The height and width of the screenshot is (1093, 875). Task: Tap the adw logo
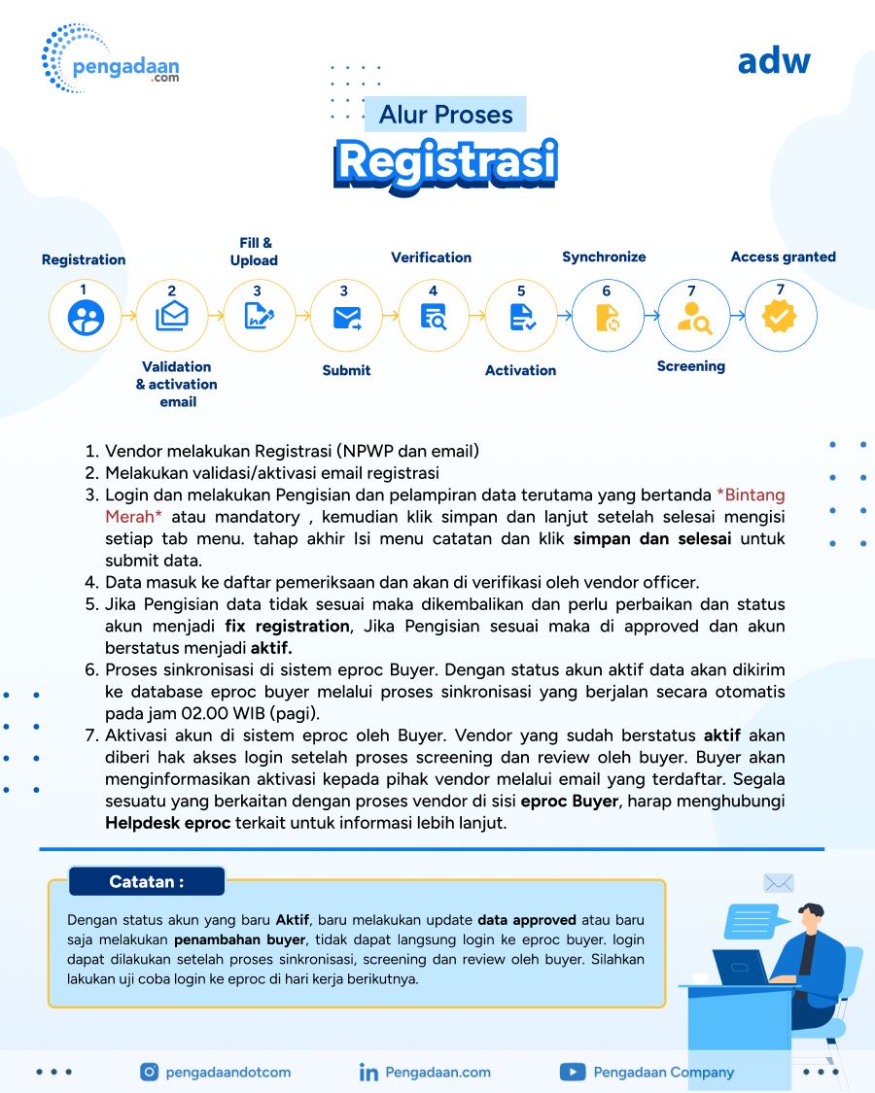773,61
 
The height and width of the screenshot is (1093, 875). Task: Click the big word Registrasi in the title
446,162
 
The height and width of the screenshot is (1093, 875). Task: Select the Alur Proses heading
446,115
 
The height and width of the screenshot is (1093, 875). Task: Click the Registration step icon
86,317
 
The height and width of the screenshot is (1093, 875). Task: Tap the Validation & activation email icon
172,317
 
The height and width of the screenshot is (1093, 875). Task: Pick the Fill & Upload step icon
259,317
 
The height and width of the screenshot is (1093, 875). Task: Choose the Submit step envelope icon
346,317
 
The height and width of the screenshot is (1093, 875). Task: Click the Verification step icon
433,317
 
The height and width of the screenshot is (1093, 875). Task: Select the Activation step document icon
520,317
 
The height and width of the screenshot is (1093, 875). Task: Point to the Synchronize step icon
607,317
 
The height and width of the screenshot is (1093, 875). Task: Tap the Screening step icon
693,317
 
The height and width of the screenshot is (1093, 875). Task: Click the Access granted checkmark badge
780,317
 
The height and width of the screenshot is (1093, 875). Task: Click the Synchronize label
604,257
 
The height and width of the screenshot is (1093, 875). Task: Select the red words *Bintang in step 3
750,495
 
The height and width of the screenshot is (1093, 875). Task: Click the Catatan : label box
147,882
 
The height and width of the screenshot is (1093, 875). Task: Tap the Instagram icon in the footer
149,1073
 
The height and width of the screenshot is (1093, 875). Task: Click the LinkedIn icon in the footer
368,1073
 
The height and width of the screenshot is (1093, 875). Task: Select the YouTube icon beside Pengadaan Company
572,1073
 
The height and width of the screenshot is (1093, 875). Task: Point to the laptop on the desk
742,967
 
